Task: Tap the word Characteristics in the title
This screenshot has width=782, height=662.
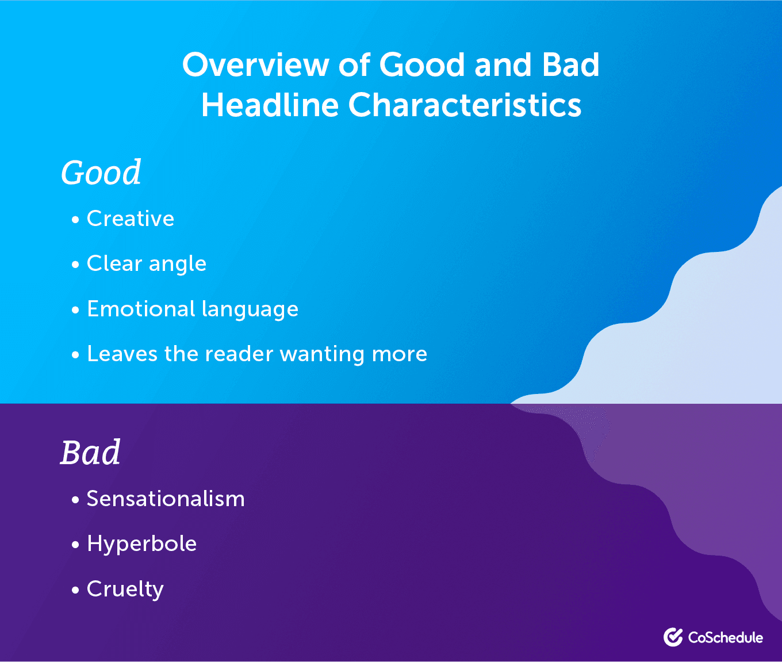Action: coord(465,105)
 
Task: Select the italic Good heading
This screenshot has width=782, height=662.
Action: coord(101,173)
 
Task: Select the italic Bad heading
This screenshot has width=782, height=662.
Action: coord(90,453)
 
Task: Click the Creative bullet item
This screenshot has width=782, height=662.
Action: coord(131,219)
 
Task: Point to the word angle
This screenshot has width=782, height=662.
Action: coord(177,264)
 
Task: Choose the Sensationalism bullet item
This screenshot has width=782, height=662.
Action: coord(166,499)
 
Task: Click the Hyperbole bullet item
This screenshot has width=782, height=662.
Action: coord(141,544)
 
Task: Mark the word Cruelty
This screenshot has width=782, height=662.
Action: coord(125,590)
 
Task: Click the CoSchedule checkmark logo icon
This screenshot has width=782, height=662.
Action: coord(673,637)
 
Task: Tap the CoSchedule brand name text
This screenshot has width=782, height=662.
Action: coord(725,637)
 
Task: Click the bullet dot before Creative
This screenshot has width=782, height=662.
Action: coord(75,220)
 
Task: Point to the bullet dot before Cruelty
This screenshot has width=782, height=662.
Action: coord(75,590)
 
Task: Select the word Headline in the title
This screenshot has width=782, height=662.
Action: coord(270,105)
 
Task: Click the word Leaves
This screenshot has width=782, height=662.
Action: coord(122,354)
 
